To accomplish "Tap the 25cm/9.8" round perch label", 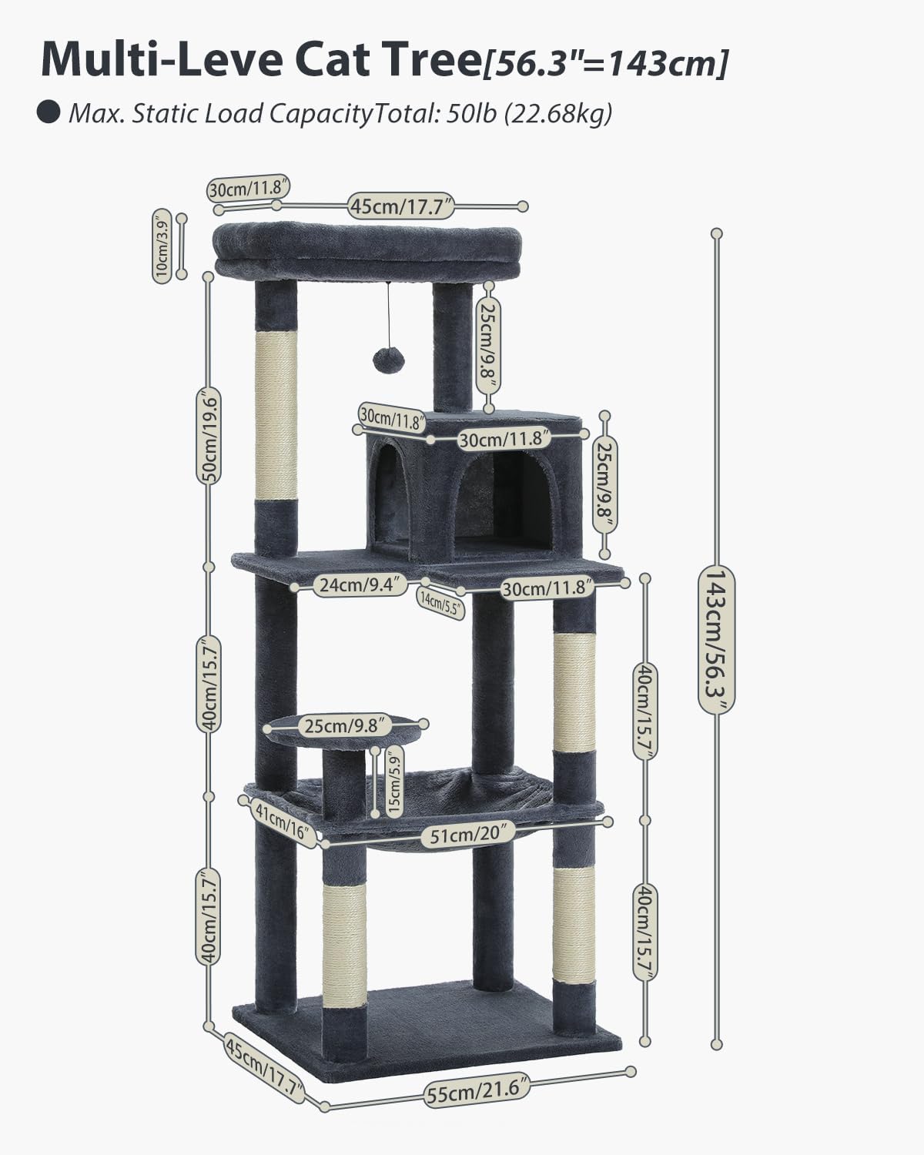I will pos(346,725).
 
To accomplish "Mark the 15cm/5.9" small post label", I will pos(394,782).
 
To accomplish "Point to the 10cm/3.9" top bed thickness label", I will pos(162,246).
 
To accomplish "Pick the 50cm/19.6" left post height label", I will pos(209,436).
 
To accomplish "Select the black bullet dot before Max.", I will pos(49,114).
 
